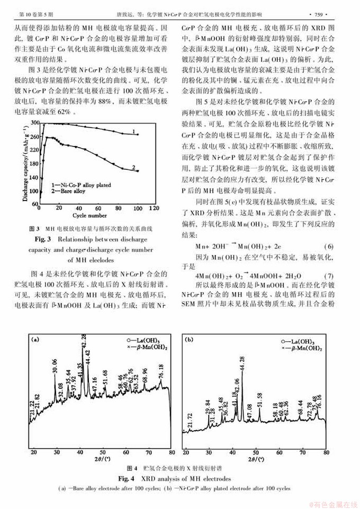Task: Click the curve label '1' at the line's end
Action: [136, 131]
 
